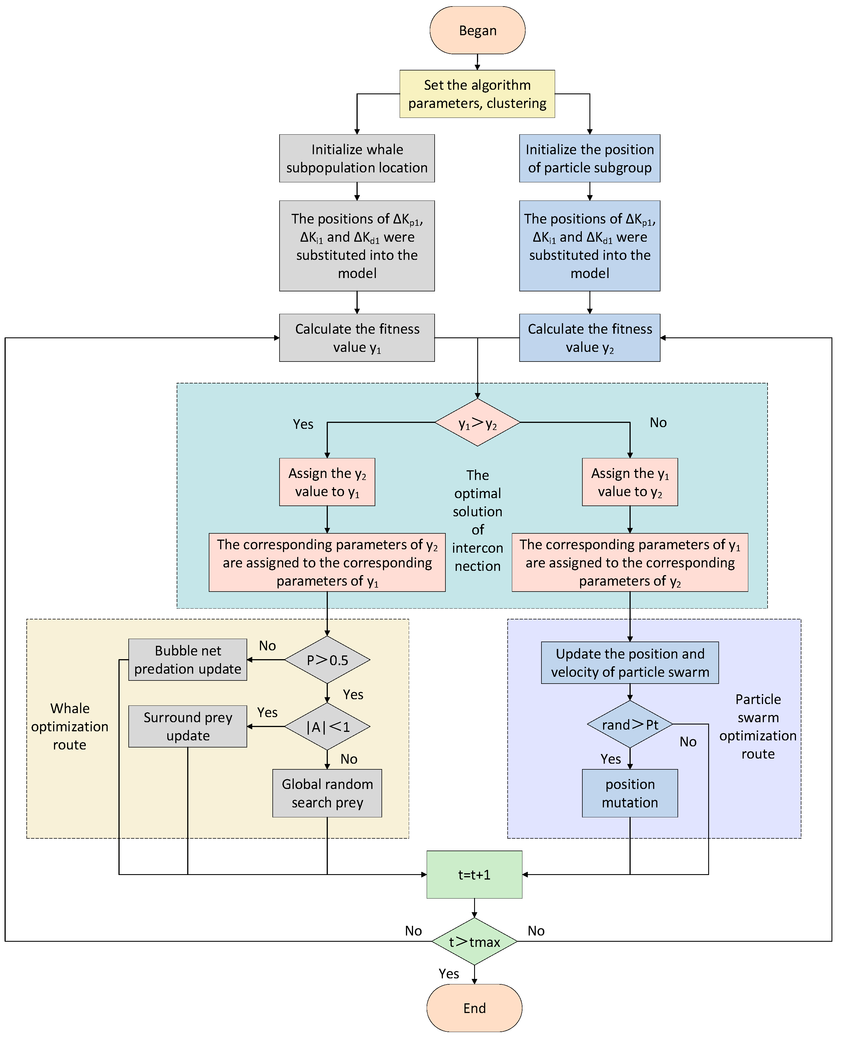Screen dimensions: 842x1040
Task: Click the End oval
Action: [x=474, y=1008]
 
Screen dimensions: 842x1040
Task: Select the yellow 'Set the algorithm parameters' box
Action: [x=477, y=94]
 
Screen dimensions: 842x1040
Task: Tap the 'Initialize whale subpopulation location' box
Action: [x=357, y=158]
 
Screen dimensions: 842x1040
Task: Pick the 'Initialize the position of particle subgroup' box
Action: [x=590, y=158]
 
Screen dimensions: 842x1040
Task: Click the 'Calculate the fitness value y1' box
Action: [x=357, y=338]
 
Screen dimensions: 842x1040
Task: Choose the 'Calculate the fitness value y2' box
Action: [x=590, y=338]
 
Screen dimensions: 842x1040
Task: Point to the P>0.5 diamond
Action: [x=327, y=660]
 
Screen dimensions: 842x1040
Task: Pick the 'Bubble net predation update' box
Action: [x=188, y=660]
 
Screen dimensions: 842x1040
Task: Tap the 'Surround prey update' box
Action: [x=188, y=726]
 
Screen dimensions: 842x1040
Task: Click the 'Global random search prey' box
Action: [x=327, y=793]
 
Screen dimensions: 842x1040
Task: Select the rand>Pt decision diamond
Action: [x=630, y=724]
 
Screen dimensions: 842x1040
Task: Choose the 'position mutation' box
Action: [x=630, y=793]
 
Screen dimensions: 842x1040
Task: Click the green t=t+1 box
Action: [x=474, y=875]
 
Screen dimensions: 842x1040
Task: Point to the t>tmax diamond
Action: [x=474, y=941]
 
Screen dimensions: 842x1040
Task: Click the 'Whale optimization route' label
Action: [x=70, y=726]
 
